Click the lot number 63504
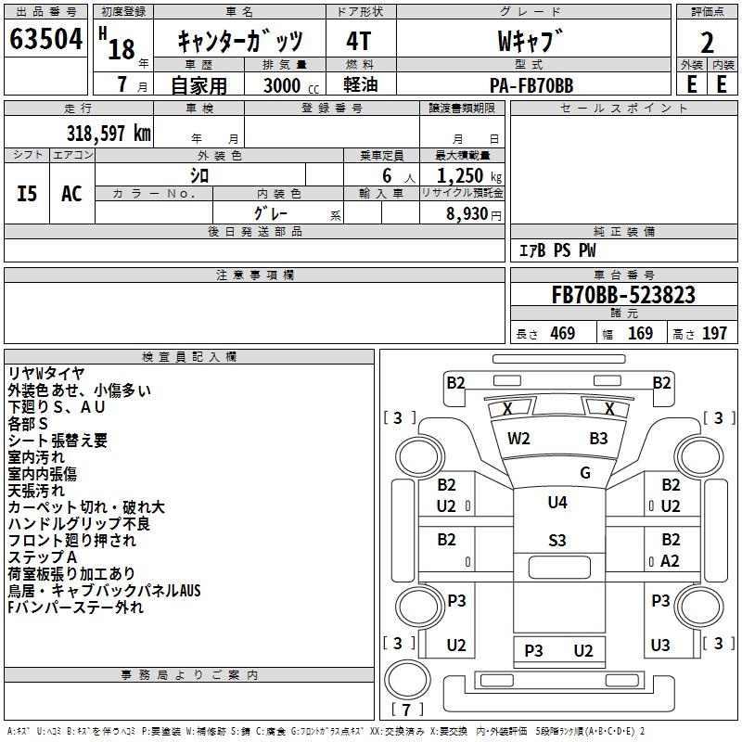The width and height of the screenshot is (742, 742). pyautogui.click(x=45, y=39)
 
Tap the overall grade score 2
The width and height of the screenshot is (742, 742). pyautogui.click(x=707, y=43)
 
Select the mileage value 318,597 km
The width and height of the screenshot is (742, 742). pyautogui.click(x=109, y=134)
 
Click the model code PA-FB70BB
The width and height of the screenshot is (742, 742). pyautogui.click(x=531, y=85)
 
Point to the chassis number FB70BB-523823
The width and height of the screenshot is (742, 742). pyautogui.click(x=623, y=295)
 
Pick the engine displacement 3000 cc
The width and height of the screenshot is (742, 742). pyautogui.click(x=291, y=85)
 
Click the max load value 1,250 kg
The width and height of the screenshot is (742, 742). pyautogui.click(x=469, y=176)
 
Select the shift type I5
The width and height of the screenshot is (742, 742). pyautogui.click(x=27, y=194)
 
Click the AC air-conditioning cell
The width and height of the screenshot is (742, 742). pyautogui.click(x=72, y=194)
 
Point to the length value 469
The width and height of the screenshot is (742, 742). pyautogui.click(x=563, y=333)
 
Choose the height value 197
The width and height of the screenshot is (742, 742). pyautogui.click(x=714, y=333)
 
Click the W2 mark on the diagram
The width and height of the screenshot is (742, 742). pyautogui.click(x=518, y=439)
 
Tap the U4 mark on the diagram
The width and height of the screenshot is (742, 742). pyautogui.click(x=557, y=502)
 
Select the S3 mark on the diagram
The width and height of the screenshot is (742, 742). pyautogui.click(x=557, y=541)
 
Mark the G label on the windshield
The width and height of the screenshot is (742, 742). pyautogui.click(x=585, y=473)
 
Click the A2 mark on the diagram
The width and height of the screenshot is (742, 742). pyautogui.click(x=670, y=561)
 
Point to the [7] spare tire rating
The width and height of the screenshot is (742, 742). pyautogui.click(x=406, y=710)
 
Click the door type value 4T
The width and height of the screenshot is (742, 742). pyautogui.click(x=359, y=41)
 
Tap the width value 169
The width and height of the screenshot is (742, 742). pyautogui.click(x=640, y=333)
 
